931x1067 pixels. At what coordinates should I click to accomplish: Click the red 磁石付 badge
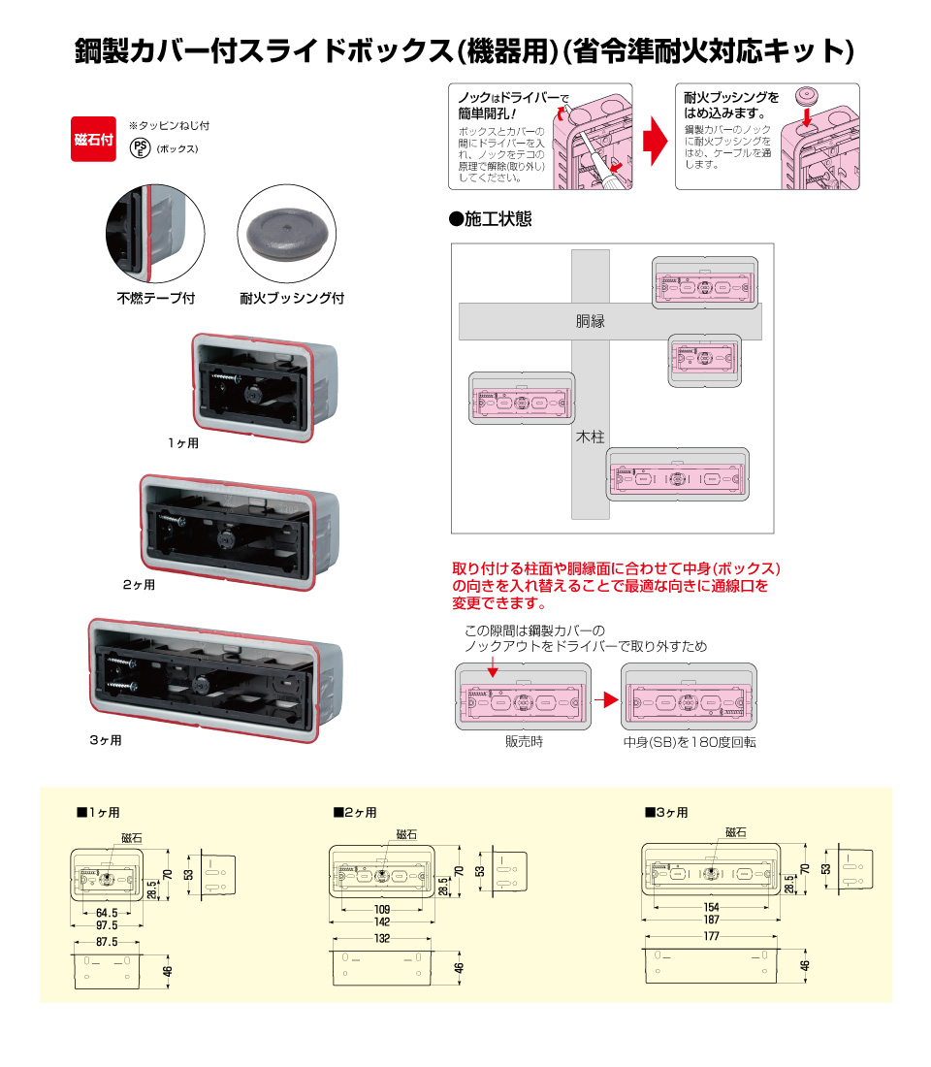pyautogui.click(x=94, y=140)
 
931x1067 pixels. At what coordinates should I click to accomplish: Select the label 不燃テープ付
pyautogui.click(x=156, y=299)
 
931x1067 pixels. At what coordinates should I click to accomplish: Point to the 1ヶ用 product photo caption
pyautogui.click(x=182, y=442)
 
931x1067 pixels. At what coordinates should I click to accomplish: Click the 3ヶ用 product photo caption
pyautogui.click(x=106, y=740)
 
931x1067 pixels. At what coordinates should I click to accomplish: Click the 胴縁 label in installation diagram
pyautogui.click(x=590, y=321)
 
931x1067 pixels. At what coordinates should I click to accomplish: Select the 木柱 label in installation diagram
pyautogui.click(x=590, y=437)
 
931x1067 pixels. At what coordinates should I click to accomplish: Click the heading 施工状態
pyautogui.click(x=491, y=219)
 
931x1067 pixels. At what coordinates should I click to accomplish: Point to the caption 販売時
pyautogui.click(x=523, y=742)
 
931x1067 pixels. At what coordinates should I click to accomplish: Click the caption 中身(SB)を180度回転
pyautogui.click(x=690, y=742)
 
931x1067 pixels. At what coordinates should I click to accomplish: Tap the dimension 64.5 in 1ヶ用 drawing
pyautogui.click(x=107, y=913)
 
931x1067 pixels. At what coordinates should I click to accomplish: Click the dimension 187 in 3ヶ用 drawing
pyautogui.click(x=711, y=919)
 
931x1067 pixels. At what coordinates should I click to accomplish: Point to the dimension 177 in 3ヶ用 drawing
pyautogui.click(x=711, y=936)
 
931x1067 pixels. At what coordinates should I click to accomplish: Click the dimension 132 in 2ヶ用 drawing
pyautogui.click(x=382, y=939)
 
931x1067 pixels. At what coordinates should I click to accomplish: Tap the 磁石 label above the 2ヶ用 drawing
pyautogui.click(x=407, y=834)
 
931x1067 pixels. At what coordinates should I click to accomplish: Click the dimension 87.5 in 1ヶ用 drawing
pyautogui.click(x=107, y=942)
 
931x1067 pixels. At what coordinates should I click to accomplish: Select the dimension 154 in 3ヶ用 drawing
pyautogui.click(x=711, y=906)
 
